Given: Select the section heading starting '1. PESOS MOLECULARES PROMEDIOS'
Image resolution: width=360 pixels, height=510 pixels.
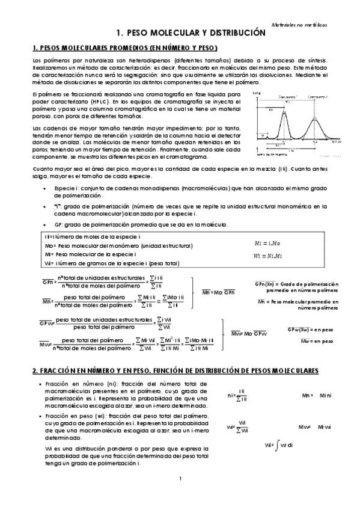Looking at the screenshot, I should tap(124, 48).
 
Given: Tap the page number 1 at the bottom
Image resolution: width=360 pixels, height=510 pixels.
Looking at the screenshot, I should tap(180, 479).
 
